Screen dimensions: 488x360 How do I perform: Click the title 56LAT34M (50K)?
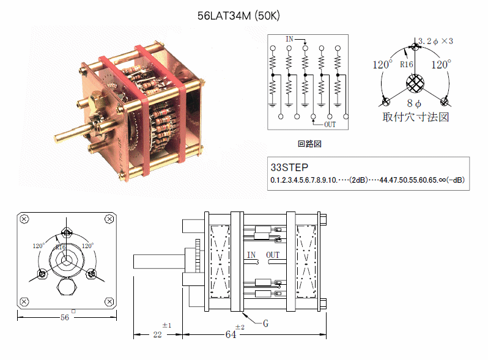[x=238, y=16]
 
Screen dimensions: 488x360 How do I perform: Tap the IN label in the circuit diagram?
[x=289, y=39]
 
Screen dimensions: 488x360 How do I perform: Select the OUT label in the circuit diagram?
[x=330, y=125]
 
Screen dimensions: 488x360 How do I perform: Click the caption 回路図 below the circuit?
[x=309, y=144]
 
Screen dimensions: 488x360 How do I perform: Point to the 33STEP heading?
[x=289, y=167]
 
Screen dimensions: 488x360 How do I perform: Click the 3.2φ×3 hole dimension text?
[x=435, y=41]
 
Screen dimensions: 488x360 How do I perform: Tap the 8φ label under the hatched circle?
[x=414, y=103]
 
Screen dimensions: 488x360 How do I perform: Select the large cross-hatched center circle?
[x=415, y=83]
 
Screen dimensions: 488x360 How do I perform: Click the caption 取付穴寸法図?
[x=416, y=117]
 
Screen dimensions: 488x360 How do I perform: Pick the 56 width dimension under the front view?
[x=65, y=317]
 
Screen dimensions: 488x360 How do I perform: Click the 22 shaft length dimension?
[x=158, y=334]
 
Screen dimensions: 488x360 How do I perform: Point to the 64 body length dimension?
[x=231, y=334]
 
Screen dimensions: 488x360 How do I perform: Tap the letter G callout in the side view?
[x=265, y=323]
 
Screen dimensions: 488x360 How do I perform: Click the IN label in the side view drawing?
[x=251, y=255]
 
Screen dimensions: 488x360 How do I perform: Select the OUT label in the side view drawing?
[x=273, y=255]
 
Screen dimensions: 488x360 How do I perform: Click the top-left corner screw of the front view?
[x=24, y=219]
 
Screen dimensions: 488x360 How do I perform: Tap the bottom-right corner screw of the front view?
[x=109, y=301]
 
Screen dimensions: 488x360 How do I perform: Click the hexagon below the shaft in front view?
[x=66, y=286]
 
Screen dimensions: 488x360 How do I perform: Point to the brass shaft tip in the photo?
[x=57, y=139]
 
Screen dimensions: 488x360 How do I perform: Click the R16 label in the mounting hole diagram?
[x=407, y=64]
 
